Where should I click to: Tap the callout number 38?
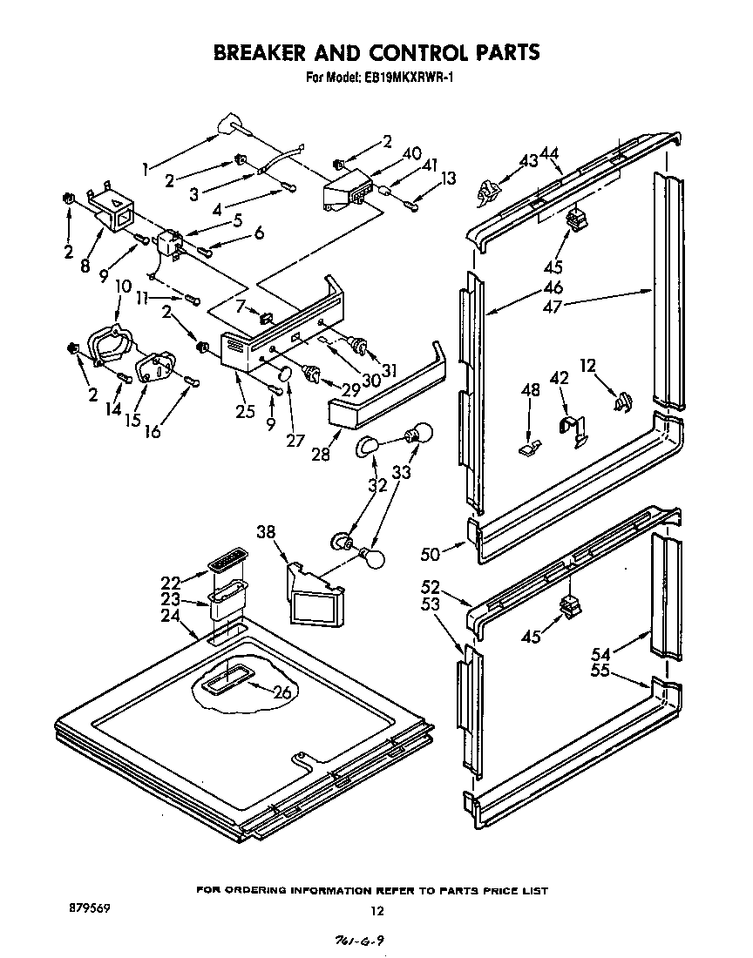(267, 532)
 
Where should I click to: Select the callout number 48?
(530, 391)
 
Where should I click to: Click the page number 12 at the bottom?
(376, 911)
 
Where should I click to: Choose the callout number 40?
(411, 153)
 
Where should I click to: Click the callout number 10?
(123, 286)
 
